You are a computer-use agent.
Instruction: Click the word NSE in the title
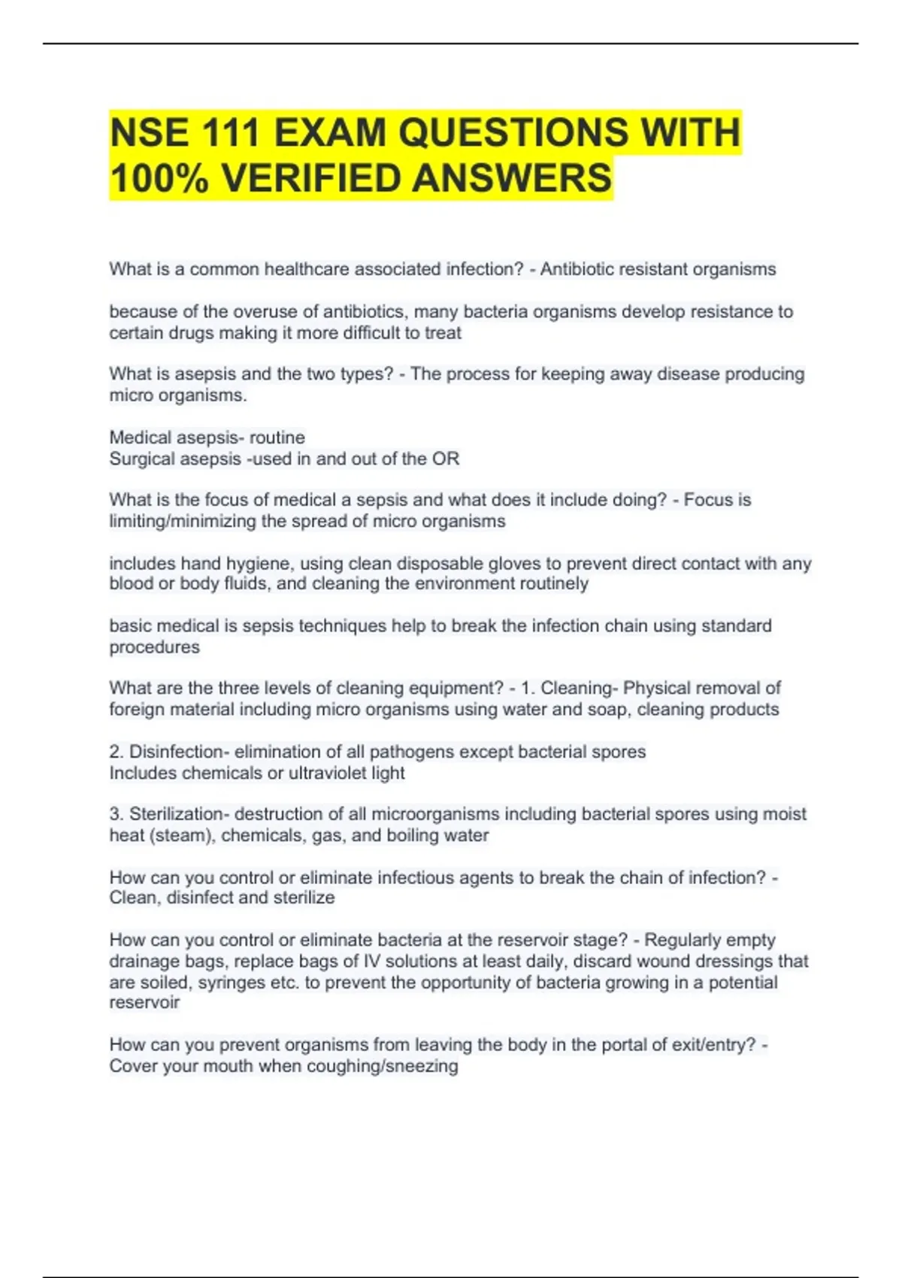tap(149, 133)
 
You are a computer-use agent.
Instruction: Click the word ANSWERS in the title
tap(512, 179)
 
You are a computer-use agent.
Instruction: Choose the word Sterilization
tap(177, 814)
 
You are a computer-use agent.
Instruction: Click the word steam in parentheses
tap(181, 835)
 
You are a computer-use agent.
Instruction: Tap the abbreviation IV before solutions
tap(372, 961)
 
